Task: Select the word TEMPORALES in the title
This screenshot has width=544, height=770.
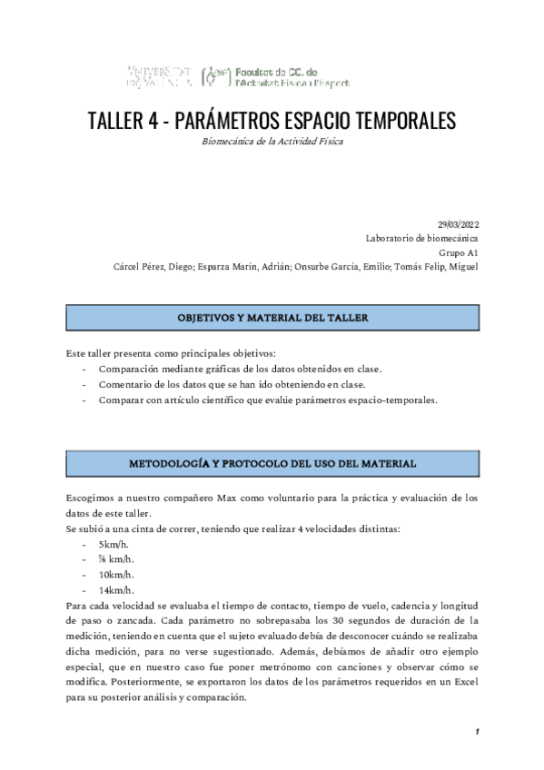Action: [401, 121]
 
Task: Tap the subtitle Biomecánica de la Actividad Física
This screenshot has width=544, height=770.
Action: [272, 142]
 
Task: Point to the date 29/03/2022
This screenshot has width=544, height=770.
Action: [458, 223]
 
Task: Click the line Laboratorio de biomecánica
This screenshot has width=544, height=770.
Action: [422, 238]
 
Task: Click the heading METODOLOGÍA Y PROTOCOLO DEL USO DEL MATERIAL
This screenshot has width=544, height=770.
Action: [272, 463]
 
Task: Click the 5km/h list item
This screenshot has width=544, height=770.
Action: [115, 544]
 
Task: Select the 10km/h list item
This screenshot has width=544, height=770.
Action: [117, 574]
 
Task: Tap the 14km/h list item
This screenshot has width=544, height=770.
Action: [117, 589]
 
